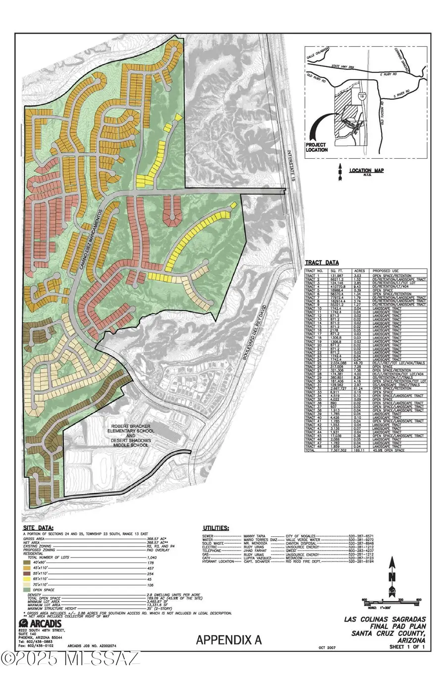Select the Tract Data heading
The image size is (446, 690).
[323, 263]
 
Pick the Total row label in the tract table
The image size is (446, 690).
[310, 450]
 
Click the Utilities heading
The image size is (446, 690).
[216, 528]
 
